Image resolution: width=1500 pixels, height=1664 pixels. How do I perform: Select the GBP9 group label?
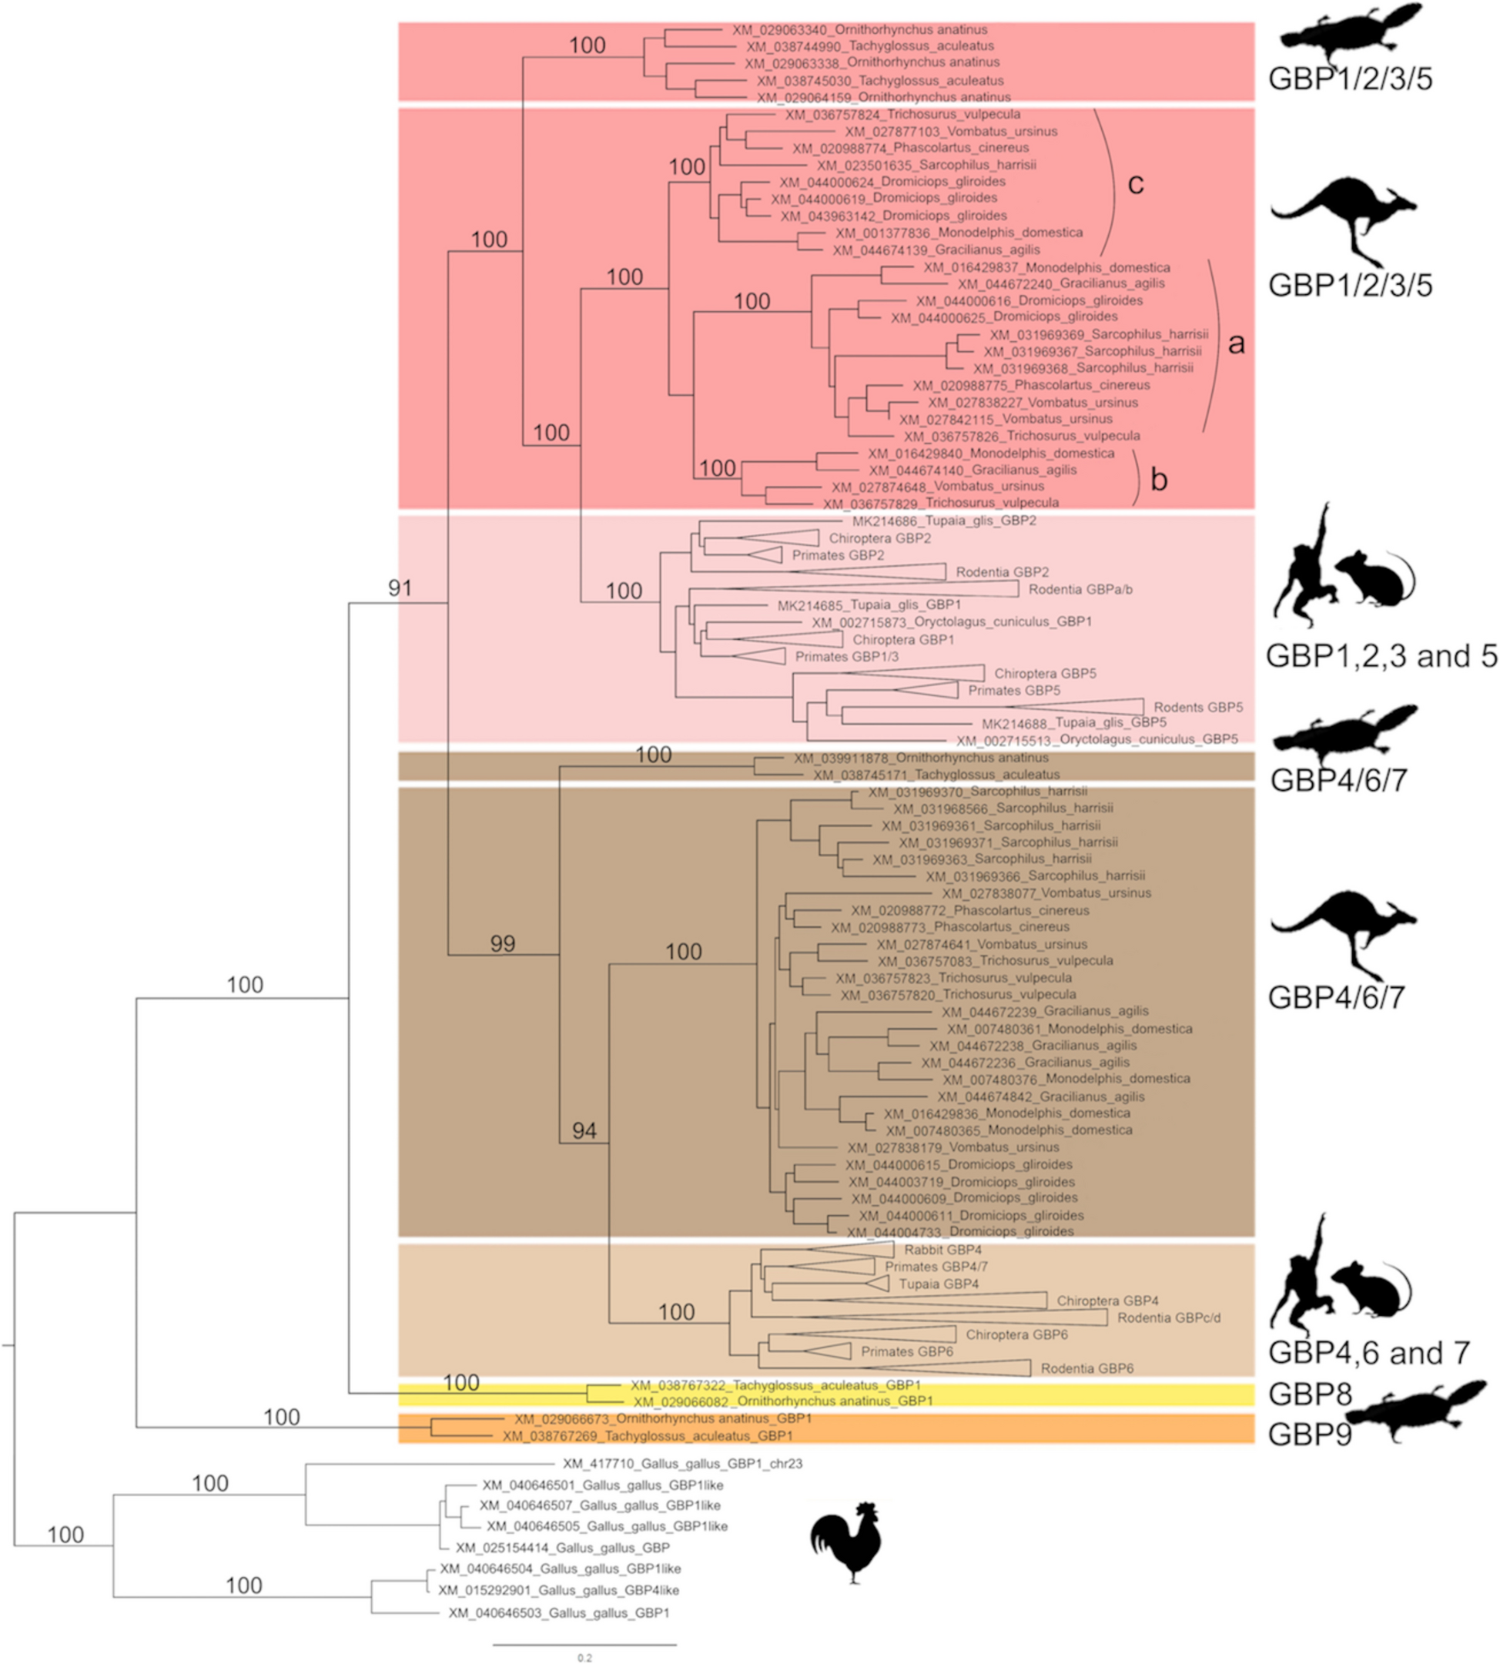pos(1310,1435)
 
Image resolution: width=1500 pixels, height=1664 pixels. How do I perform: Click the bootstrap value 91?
pos(400,588)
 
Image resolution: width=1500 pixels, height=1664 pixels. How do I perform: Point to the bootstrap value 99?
pos(503,945)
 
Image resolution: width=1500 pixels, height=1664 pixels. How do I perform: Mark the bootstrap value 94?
pos(584,1130)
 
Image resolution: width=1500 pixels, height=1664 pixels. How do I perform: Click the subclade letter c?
pos(1136,185)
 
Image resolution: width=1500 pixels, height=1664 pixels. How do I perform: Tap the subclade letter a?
pos(1236,343)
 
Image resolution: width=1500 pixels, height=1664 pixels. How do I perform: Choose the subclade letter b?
pos(1159,480)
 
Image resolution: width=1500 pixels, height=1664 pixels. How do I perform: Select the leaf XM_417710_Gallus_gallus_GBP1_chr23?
pos(682,1464)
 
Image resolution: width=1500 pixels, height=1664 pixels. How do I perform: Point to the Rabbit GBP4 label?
pos(943,1251)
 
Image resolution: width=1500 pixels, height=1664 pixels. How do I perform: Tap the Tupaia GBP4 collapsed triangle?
pos(878,1284)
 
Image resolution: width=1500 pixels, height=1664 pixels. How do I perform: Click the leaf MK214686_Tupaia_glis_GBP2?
pos(944,521)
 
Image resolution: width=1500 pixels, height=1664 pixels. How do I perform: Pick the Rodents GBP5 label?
pos(1197,707)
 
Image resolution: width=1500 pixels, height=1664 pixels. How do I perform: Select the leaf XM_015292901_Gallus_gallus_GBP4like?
pos(571,1590)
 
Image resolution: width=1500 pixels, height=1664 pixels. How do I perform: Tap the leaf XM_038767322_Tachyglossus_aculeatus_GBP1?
pos(775,1385)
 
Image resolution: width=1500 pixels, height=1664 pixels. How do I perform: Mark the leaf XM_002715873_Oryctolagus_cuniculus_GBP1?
pos(951,622)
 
